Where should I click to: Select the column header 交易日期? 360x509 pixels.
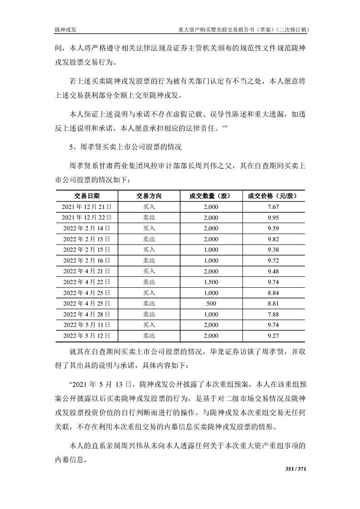coord(87,196)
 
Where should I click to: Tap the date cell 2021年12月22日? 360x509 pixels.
coord(87,217)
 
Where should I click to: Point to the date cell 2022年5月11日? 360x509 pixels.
coord(87,324)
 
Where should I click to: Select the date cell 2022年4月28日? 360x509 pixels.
coord(87,314)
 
